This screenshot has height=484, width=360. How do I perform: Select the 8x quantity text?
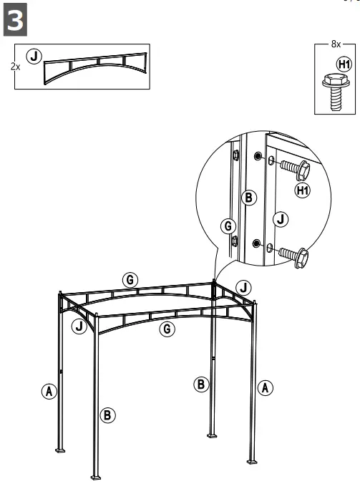[x=336, y=44]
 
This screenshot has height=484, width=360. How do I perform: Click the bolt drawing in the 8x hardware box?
[x=334, y=90]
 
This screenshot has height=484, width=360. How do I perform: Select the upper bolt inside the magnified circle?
[x=293, y=169]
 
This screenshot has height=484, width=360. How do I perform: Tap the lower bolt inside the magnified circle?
[x=293, y=253]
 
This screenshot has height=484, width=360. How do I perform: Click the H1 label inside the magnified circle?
[x=303, y=190]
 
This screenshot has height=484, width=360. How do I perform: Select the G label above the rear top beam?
[x=130, y=280]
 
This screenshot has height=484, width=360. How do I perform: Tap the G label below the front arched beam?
[x=166, y=329]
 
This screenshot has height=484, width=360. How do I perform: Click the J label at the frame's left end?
[x=79, y=326]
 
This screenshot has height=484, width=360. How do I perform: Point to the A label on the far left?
[x=49, y=391]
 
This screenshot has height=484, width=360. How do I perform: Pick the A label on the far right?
[x=265, y=387]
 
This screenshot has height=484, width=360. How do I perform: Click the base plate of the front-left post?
[x=96, y=476]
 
